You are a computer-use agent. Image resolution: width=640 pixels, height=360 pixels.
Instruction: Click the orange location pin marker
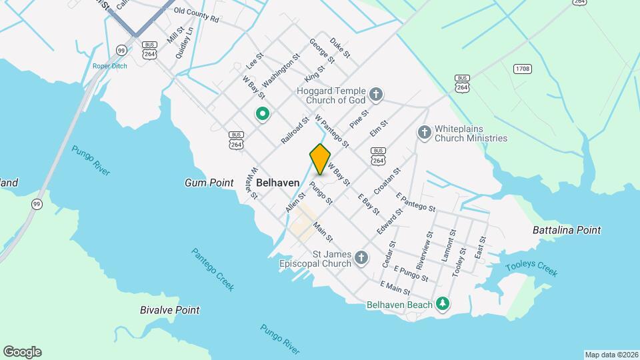[x=320, y=159]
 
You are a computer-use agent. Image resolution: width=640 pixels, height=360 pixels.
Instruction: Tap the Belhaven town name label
[x=277, y=182]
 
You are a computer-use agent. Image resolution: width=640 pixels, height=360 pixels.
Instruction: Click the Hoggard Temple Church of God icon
[x=375, y=94]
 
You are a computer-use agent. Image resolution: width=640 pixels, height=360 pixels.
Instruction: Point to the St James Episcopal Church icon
[x=361, y=257]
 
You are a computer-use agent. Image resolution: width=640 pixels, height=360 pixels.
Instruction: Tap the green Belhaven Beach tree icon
[x=441, y=305]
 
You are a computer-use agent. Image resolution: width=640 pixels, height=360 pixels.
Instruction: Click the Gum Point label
[x=209, y=183]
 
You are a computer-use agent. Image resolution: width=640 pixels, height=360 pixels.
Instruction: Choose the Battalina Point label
[x=567, y=230]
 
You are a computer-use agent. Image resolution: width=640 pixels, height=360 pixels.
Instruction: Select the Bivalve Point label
[x=169, y=310]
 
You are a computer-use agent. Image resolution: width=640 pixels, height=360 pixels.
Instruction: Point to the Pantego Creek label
[x=213, y=269]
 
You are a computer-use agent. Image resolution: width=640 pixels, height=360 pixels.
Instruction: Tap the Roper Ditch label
[x=110, y=66]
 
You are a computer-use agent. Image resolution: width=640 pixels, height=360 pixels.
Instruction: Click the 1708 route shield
[x=523, y=69]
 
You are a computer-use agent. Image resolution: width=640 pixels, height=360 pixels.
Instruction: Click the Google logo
[x=22, y=352]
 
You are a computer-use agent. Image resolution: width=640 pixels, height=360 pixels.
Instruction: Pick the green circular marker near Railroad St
[x=263, y=114]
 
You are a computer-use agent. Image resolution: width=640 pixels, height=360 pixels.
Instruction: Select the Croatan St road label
[x=387, y=181]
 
